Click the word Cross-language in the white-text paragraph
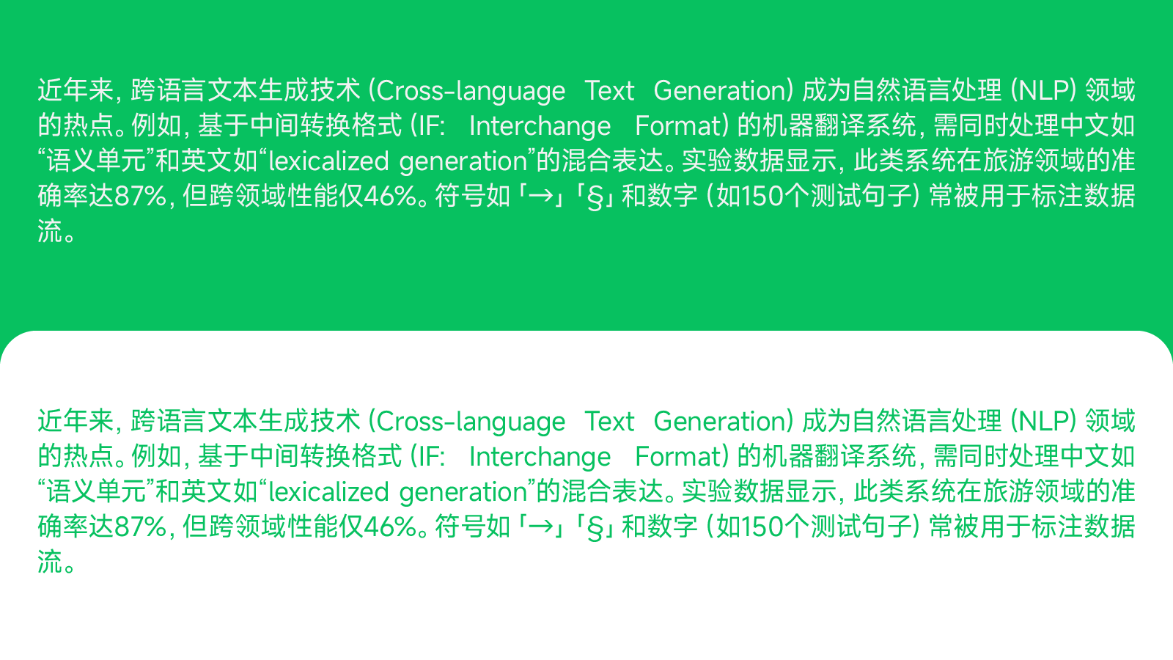[x=471, y=91]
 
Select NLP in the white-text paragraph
[x=1043, y=90]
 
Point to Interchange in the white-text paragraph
[x=540, y=126]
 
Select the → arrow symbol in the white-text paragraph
[x=541, y=196]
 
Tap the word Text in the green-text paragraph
[x=609, y=422]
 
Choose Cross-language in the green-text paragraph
[x=471, y=422]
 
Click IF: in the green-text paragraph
[x=430, y=457]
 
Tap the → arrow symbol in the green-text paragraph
[x=541, y=527]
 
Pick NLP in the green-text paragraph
[x=1043, y=422]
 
